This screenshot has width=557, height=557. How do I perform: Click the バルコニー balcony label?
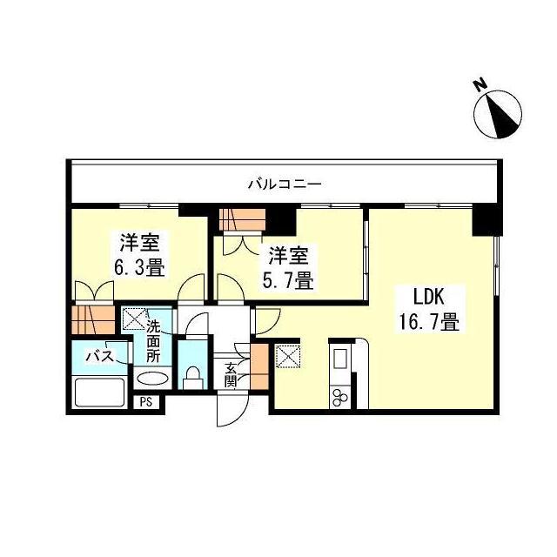[285, 185]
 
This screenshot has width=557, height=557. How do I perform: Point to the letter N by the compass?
[479, 85]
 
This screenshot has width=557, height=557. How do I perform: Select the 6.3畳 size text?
[138, 266]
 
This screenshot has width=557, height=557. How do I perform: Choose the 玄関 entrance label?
[231, 374]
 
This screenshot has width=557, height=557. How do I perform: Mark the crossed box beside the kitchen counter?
[288, 357]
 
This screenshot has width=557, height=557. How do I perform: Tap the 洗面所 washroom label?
[153, 341]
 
